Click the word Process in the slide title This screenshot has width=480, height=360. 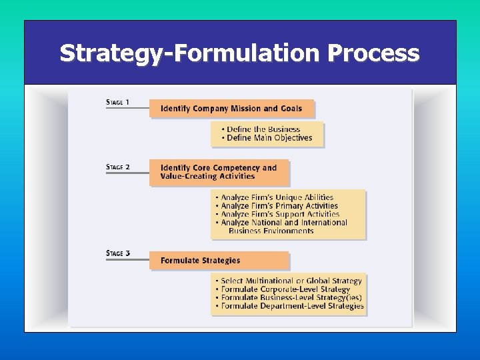point(373,53)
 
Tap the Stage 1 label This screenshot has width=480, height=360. point(118,103)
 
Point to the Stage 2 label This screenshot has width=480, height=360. point(118,167)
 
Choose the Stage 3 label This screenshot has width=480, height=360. point(118,253)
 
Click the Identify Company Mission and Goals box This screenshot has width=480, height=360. point(231,109)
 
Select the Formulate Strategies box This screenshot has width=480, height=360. point(219,261)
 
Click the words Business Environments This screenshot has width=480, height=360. point(271,231)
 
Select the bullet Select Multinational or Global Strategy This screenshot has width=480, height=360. point(291,281)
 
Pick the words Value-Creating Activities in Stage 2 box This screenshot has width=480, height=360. point(207,177)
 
